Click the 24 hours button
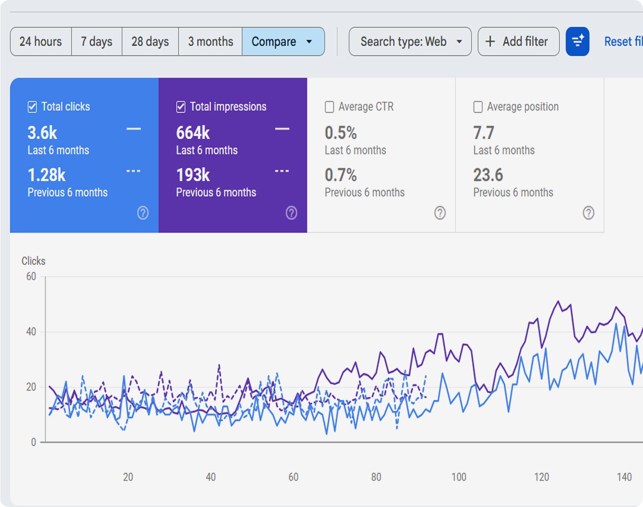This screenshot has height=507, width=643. [x=40, y=41]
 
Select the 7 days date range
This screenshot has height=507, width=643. [x=96, y=41]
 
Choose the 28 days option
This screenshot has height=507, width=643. [x=150, y=41]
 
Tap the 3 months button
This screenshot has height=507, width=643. [x=211, y=41]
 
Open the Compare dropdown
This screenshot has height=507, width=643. [x=283, y=41]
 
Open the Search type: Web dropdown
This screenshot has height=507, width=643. [x=410, y=41]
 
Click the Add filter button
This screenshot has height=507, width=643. [x=518, y=41]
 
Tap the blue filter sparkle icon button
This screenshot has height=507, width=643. [x=578, y=41]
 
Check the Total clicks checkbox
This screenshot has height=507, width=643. [x=32, y=107]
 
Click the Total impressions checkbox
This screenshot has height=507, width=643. [x=181, y=107]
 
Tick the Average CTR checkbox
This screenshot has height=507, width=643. [x=329, y=107]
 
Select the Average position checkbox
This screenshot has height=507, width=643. [x=478, y=107]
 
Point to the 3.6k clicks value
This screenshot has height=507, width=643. [x=42, y=132]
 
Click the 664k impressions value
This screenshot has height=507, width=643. [x=193, y=132]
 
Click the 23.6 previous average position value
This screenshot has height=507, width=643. [x=488, y=175]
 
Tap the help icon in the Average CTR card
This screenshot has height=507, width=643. [x=440, y=213]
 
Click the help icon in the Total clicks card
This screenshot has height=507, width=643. [x=143, y=213]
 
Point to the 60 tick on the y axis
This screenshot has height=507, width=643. [x=31, y=276]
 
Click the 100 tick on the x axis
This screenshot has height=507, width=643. [x=459, y=477]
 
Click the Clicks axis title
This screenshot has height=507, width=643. [x=33, y=261]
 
